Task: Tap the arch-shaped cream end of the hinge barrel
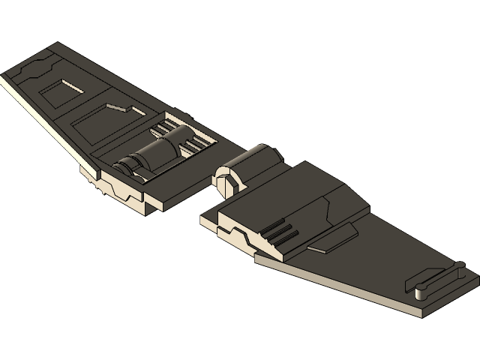click(x=226, y=178)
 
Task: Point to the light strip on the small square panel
click(x=72, y=85)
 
